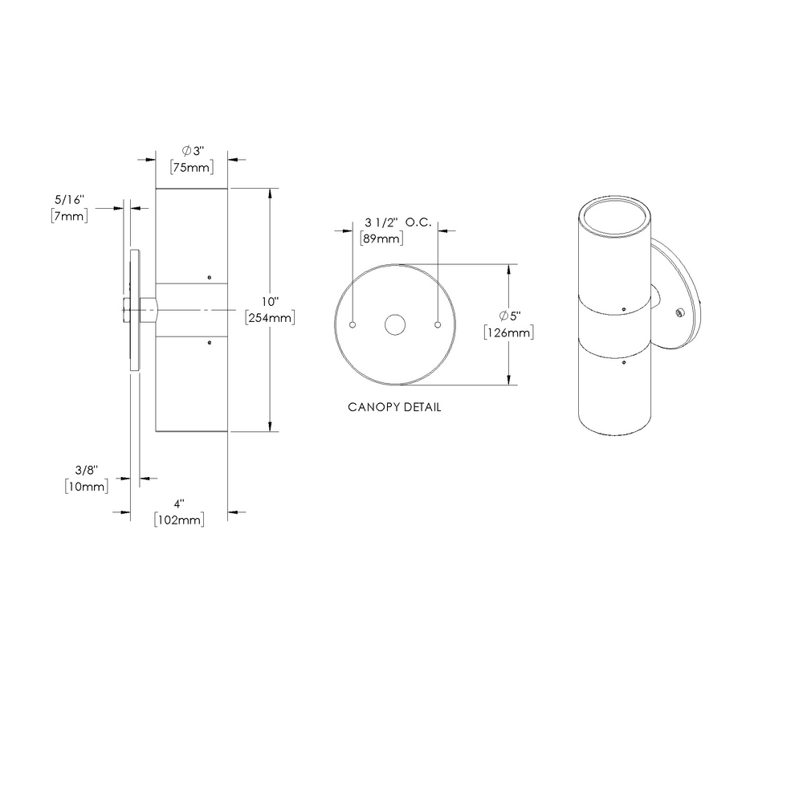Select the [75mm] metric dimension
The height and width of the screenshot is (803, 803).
(191, 168)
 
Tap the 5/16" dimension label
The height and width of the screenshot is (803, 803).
(69, 198)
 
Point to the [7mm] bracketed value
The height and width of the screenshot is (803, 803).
(69, 215)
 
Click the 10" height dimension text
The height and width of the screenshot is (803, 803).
(270, 302)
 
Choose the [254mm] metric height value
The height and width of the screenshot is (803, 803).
(270, 318)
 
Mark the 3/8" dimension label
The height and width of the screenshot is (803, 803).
(87, 469)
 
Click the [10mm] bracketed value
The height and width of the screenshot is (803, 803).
(86, 486)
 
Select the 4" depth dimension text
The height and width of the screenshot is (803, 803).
(179, 503)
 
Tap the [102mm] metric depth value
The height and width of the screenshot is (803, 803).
(179, 520)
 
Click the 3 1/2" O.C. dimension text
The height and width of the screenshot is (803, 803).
(398, 222)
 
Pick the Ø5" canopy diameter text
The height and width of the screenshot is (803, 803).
(509, 316)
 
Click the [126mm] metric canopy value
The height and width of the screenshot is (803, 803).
(509, 332)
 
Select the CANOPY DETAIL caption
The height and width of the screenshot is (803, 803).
(394, 407)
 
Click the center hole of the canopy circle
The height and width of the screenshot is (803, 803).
(394, 324)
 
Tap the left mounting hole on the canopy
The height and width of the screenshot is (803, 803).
(353, 324)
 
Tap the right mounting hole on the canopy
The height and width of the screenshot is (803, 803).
(437, 324)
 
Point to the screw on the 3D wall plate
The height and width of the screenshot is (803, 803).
(679, 311)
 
